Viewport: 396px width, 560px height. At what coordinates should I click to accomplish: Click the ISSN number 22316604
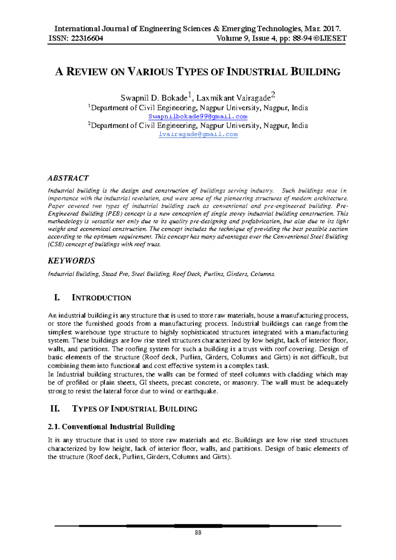pyautogui.click(x=87, y=38)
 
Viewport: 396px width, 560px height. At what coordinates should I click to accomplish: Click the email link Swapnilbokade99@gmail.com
pyautogui.click(x=198, y=117)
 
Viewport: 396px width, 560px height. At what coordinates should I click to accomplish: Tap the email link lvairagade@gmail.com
pyautogui.click(x=198, y=134)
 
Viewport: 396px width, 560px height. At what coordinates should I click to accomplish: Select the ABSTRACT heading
pyautogui.click(x=68, y=178)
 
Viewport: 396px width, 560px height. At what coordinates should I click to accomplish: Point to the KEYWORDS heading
pyautogui.click(x=71, y=261)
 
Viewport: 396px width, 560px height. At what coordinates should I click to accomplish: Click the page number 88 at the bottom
pyautogui.click(x=198, y=533)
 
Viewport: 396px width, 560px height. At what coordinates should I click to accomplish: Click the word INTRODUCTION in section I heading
pyautogui.click(x=101, y=298)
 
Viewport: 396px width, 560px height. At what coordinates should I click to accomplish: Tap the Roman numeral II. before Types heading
pyautogui.click(x=55, y=409)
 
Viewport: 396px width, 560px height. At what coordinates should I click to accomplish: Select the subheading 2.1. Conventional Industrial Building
pyautogui.click(x=111, y=427)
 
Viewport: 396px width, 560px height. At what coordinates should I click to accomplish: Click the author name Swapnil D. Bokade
pyautogui.click(x=154, y=98)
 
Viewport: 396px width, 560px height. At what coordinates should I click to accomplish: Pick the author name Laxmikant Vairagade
pyautogui.click(x=233, y=98)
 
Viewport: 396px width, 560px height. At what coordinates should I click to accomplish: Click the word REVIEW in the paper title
pyautogui.click(x=87, y=72)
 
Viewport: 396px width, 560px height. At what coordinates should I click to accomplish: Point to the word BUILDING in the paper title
pyautogui.click(x=315, y=72)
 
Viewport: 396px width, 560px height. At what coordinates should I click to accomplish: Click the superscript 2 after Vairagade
pyautogui.click(x=273, y=96)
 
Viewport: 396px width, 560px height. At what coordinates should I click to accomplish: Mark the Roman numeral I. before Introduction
pyautogui.click(x=57, y=298)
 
